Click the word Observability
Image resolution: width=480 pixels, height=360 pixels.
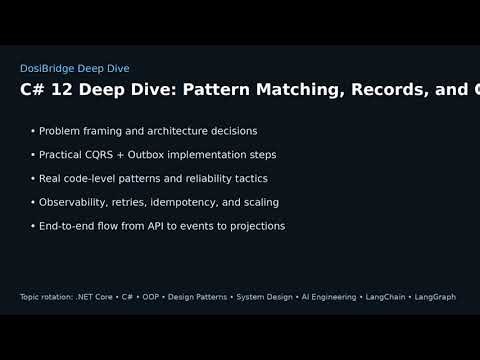[x=73, y=202]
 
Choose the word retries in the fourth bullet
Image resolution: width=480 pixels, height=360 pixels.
[x=133, y=202]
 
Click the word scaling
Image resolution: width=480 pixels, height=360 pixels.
[x=259, y=202]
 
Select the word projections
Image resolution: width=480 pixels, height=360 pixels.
[x=253, y=226]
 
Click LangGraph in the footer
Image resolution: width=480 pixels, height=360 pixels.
[x=435, y=297]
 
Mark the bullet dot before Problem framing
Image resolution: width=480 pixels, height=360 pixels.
[x=33, y=131]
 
